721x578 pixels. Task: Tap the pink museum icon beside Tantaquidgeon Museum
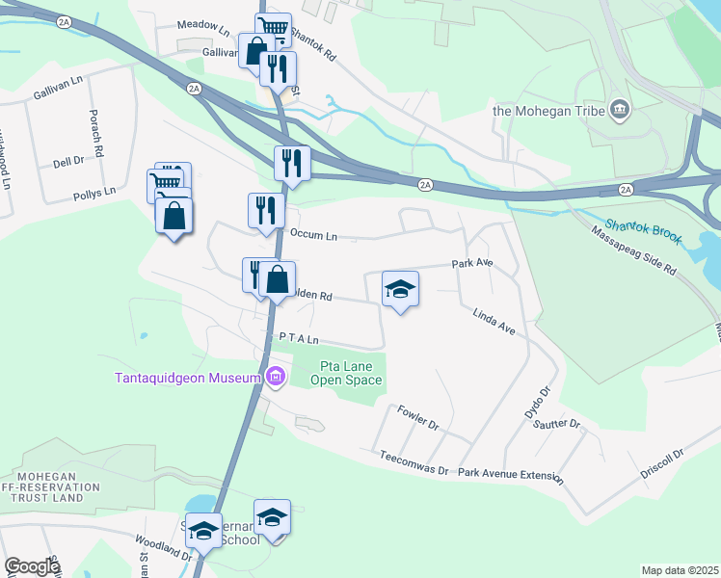tap(277, 376)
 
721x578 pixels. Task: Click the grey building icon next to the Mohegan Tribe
tap(619, 110)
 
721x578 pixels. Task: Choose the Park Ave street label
tap(472, 263)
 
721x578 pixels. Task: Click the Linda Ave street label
tap(494, 322)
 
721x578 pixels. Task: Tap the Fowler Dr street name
tap(417, 418)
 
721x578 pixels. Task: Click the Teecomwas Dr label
tap(414, 462)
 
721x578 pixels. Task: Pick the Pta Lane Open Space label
tap(346, 373)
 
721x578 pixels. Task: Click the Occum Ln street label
tap(313, 235)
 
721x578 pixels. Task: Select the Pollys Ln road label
tap(93, 194)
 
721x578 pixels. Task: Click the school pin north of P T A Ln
tap(401, 289)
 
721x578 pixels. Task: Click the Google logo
tap(32, 566)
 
